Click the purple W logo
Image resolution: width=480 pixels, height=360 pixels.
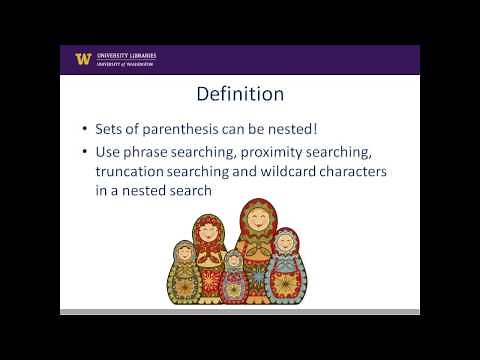[x=83, y=58]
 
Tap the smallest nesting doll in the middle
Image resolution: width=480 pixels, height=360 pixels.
[x=233, y=278]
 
